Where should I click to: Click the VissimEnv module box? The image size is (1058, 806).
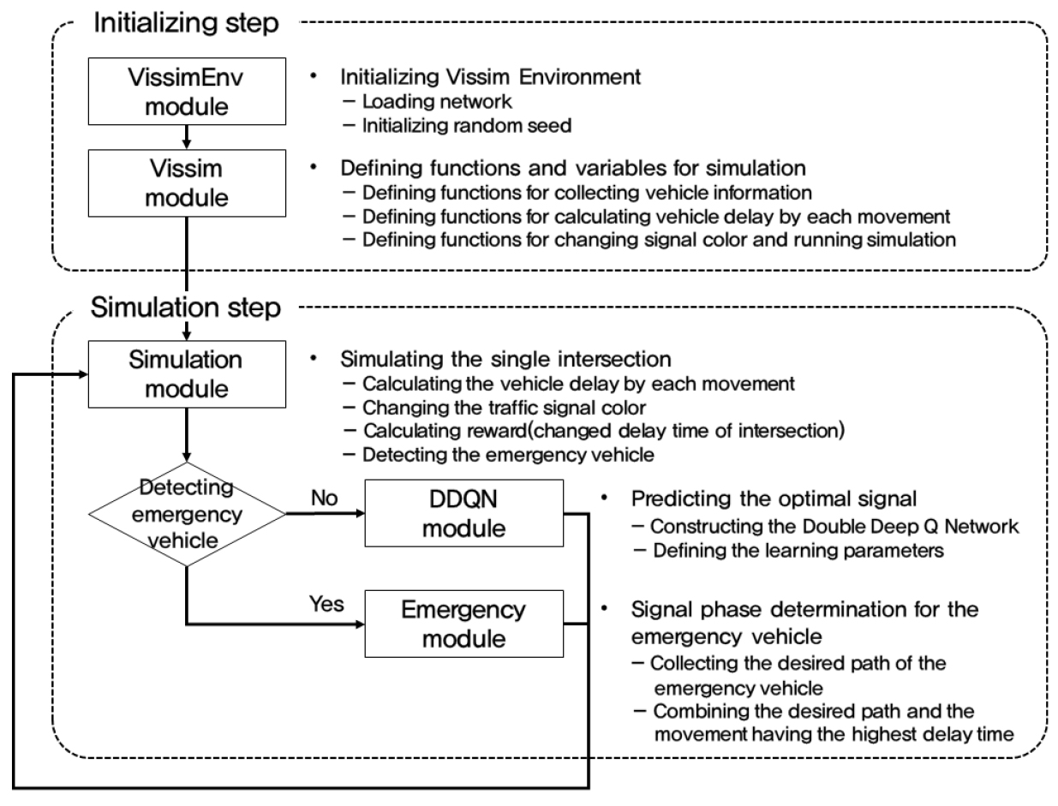187,92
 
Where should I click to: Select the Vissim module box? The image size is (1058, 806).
187,183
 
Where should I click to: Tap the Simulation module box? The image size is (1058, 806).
187,374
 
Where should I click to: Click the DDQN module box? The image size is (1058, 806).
463,513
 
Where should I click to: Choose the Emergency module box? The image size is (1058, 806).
463,624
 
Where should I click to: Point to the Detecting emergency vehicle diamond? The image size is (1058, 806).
187,514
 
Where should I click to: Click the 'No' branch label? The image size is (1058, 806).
325,499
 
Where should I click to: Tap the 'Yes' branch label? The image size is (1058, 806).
326,604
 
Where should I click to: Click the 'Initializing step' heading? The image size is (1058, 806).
186,22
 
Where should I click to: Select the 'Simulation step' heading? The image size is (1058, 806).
186,307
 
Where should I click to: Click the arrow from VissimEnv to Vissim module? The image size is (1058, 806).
187,137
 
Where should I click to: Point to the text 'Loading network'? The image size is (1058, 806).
437,102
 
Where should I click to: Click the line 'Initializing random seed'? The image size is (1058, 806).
467,126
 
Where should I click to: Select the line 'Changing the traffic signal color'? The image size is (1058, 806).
504,408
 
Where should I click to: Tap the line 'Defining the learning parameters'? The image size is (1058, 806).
798,551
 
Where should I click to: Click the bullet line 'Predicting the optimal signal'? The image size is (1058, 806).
774,499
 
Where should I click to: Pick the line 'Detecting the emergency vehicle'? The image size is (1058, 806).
508,455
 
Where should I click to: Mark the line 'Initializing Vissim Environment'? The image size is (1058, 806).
490,77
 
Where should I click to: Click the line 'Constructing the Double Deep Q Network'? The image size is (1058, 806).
834,527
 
